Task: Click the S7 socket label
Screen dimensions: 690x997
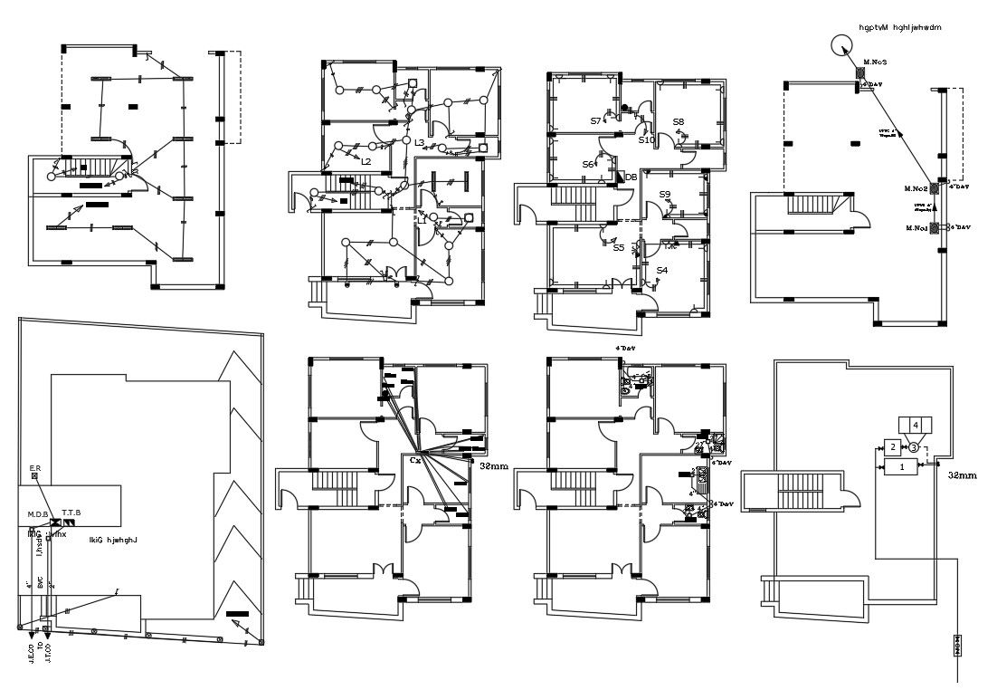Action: pyautogui.click(x=596, y=120)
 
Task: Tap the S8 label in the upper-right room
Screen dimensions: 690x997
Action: pyautogui.click(x=679, y=121)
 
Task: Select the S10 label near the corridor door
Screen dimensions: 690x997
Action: pyautogui.click(x=646, y=140)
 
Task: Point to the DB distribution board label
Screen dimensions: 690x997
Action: pyautogui.click(x=631, y=177)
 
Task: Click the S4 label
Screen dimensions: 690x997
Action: pyautogui.click(x=662, y=270)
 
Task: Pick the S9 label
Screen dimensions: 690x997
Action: pyautogui.click(x=665, y=195)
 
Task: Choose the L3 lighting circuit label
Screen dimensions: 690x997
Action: pyautogui.click(x=419, y=143)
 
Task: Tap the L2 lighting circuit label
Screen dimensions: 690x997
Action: pyautogui.click(x=366, y=161)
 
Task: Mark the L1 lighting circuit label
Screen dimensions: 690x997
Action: pyautogui.click(x=421, y=219)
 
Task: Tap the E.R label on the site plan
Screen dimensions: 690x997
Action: pyautogui.click(x=34, y=468)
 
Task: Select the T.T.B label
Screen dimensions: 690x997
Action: pyautogui.click(x=71, y=513)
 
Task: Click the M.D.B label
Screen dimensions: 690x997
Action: pyautogui.click(x=37, y=514)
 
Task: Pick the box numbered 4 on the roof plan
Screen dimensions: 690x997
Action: pyautogui.click(x=915, y=425)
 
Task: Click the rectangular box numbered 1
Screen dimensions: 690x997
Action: pyautogui.click(x=900, y=467)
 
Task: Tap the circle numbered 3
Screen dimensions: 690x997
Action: pyautogui.click(x=914, y=447)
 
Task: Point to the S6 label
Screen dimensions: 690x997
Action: pyautogui.click(x=588, y=165)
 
